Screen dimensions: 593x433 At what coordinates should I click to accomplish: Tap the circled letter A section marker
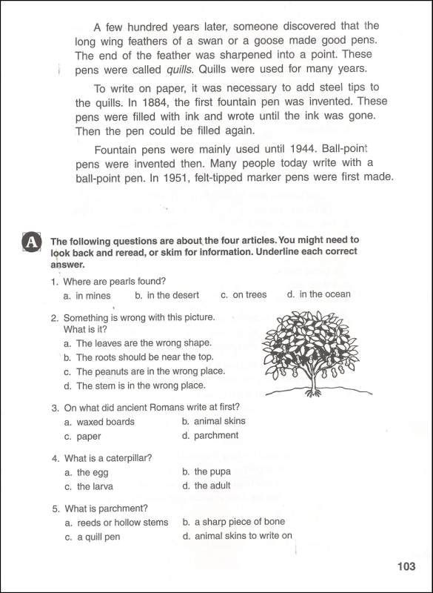[30, 242]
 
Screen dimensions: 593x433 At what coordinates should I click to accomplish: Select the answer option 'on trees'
[249, 295]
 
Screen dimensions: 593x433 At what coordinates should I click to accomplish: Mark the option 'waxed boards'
[105, 422]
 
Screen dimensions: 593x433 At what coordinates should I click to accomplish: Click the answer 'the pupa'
[212, 471]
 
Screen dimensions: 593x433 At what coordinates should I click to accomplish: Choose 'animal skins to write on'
[243, 536]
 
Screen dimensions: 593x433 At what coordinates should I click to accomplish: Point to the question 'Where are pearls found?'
[114, 281]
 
